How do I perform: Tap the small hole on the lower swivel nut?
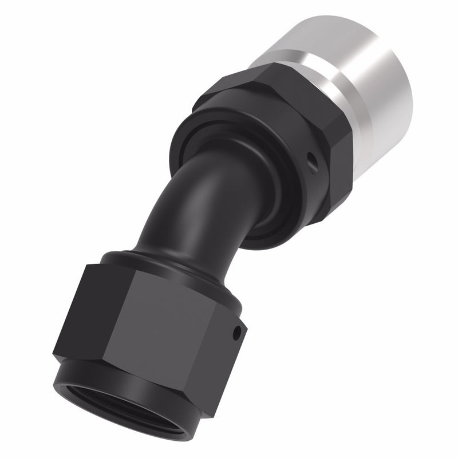tap(236, 331)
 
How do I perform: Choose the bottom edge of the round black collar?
tap(258, 240)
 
